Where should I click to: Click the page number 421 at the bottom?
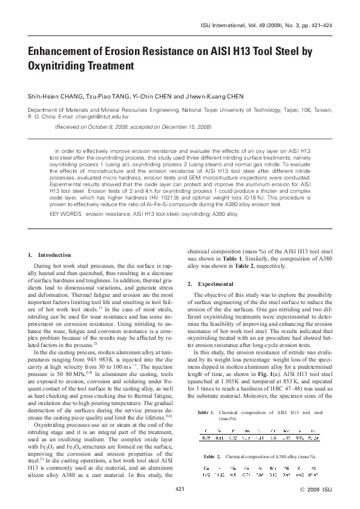[180, 488]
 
